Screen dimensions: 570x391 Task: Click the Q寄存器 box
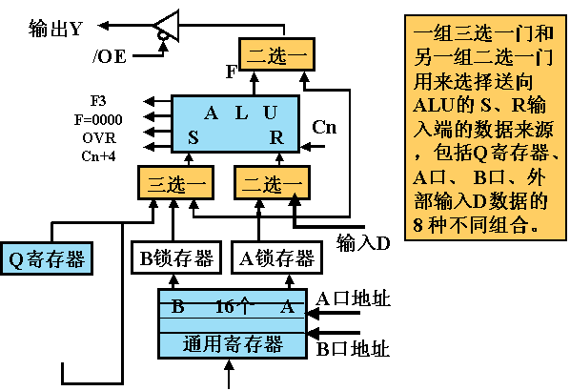pos(47,258)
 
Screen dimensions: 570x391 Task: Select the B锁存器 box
pos(176,257)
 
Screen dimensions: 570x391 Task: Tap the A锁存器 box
pos(277,257)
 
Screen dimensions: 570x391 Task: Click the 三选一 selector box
pos(175,182)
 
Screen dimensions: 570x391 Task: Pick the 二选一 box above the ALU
pos(276,54)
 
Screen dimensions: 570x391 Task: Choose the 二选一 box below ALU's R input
pos(272,182)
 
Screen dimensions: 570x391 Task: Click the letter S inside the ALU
pos(193,137)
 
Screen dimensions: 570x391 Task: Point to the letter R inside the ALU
pos(276,137)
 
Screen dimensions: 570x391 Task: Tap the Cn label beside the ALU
pos(324,127)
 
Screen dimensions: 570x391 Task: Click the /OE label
pos(110,56)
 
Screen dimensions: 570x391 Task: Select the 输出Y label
pos(55,29)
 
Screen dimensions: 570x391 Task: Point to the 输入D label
pos(363,243)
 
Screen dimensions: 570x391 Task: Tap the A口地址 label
pos(353,299)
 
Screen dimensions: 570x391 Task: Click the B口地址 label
pos(353,349)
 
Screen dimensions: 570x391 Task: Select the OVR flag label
pos(99,138)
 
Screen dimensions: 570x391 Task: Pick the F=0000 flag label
pos(98,119)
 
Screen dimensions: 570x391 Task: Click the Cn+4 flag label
pos(98,156)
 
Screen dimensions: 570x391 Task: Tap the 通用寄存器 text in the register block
pos(233,343)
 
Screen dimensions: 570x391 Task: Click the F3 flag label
pos(98,101)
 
